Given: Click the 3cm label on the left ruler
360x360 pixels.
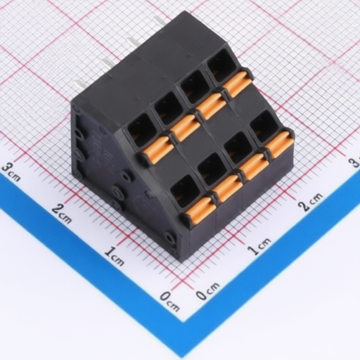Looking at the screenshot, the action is (x=11, y=172).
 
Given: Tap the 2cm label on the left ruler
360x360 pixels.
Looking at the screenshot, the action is (x=62, y=213).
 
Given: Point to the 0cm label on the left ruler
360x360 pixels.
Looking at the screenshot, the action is (x=169, y=301).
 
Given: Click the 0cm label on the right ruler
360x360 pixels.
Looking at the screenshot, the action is (x=207, y=290).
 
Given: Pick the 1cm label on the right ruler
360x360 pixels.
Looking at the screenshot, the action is (x=259, y=246).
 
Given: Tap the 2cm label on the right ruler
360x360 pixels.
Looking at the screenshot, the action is (x=311, y=202).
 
